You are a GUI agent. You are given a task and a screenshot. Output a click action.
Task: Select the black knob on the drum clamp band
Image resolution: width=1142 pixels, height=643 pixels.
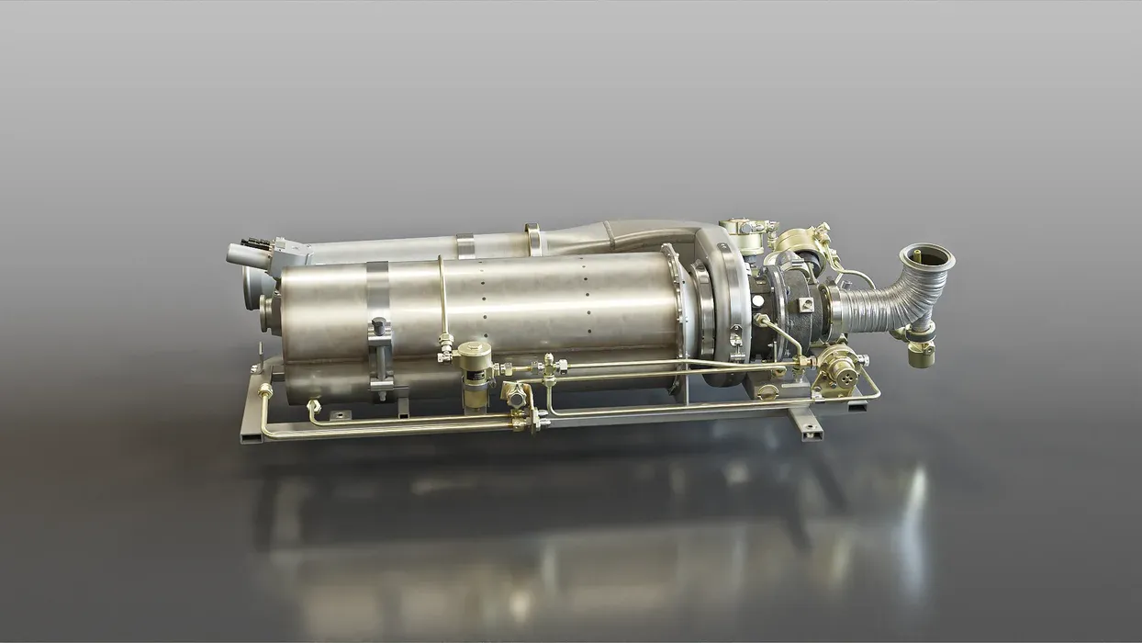pos(378,327)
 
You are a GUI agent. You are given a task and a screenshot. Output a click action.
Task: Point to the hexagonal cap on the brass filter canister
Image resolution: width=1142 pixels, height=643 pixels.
pos(474,349)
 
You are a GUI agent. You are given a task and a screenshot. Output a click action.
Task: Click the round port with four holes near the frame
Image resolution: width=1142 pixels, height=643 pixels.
pos(837,368)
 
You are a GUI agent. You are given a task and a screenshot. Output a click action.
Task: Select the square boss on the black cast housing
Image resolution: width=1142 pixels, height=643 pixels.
pos(804,304)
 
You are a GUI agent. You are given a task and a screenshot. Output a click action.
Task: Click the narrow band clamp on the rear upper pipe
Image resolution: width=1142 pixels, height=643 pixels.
pos(465,245)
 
